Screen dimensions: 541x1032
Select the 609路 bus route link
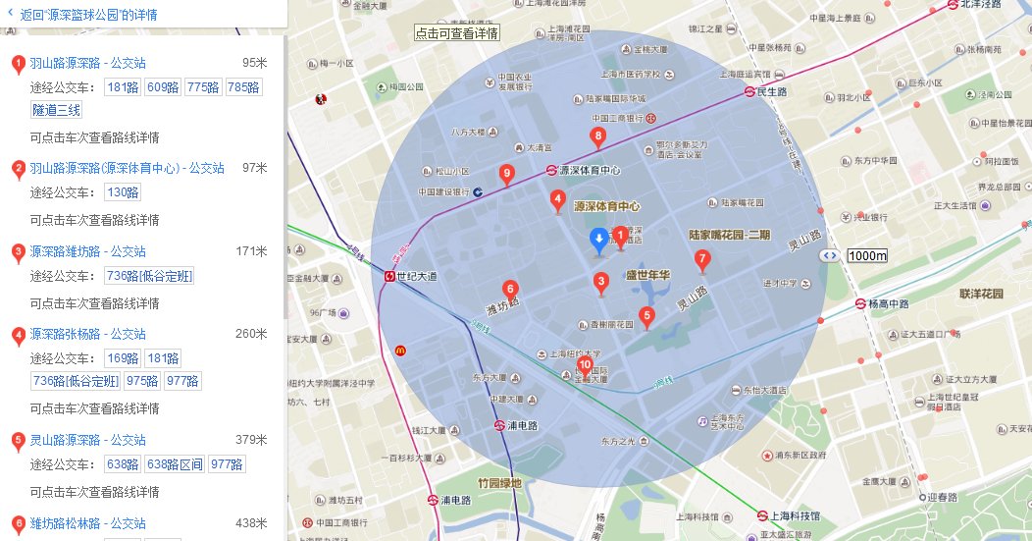click(x=163, y=87)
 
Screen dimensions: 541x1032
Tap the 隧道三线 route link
click(x=57, y=110)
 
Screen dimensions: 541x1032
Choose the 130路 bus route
click(x=123, y=192)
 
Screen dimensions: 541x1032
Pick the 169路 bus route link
click(x=123, y=358)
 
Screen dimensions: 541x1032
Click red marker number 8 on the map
click(x=596, y=136)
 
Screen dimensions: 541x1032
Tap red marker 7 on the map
click(x=701, y=259)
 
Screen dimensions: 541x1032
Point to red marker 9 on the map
click(x=506, y=174)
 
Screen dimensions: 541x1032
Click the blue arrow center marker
click(x=598, y=241)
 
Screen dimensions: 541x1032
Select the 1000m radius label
click(x=867, y=256)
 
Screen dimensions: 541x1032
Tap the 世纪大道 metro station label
click(x=418, y=277)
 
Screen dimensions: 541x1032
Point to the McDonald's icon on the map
click(x=400, y=350)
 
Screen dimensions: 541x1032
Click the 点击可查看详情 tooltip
click(x=457, y=32)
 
